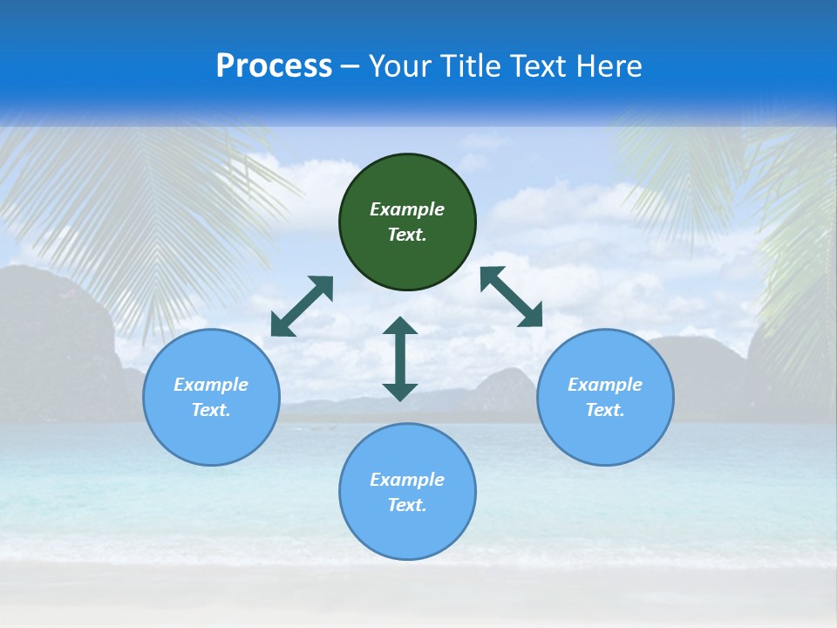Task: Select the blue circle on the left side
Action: pos(211,436)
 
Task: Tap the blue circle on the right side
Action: pos(605,436)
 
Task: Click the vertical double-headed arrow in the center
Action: pos(400,358)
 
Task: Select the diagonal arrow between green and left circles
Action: pos(302,306)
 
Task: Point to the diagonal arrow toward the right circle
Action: pos(512,297)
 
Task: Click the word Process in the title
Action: pos(274,66)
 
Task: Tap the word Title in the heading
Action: pos(471,66)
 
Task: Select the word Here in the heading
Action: pos(608,66)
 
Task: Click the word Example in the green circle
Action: pos(407,209)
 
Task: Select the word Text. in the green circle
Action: pos(407,235)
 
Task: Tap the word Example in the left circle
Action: pos(211,385)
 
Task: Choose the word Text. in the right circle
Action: pos(605,410)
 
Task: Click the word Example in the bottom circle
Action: pos(407,480)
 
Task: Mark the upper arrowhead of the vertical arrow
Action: pos(400,326)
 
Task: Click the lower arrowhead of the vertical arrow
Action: pos(400,392)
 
